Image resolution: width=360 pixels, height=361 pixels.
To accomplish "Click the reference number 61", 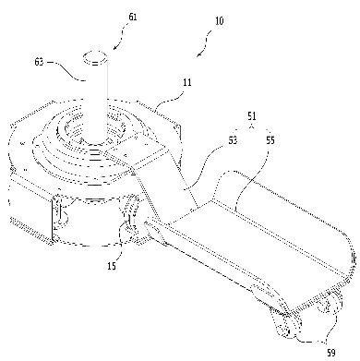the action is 133,17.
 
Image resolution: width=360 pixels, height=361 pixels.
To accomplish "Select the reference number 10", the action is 219,21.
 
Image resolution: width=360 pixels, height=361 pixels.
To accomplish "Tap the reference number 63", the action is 40,63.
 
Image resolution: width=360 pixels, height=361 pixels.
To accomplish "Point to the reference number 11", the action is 187,83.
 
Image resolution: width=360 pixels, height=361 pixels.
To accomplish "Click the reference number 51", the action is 252,116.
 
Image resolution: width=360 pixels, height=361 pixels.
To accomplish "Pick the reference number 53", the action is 233,140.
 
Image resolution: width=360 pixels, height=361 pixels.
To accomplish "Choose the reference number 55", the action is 270,140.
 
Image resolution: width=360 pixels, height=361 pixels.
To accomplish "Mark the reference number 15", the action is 112,266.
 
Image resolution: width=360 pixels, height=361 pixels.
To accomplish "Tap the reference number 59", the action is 330,353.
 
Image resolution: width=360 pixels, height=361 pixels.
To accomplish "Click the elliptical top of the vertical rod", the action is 95,58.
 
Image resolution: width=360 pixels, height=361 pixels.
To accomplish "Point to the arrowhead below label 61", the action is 115,47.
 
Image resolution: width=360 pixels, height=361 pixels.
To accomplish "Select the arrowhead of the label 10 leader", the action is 199,54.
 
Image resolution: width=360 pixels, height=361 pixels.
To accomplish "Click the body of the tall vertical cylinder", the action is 95,99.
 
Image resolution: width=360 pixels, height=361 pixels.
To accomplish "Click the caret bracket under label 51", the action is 252,126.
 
